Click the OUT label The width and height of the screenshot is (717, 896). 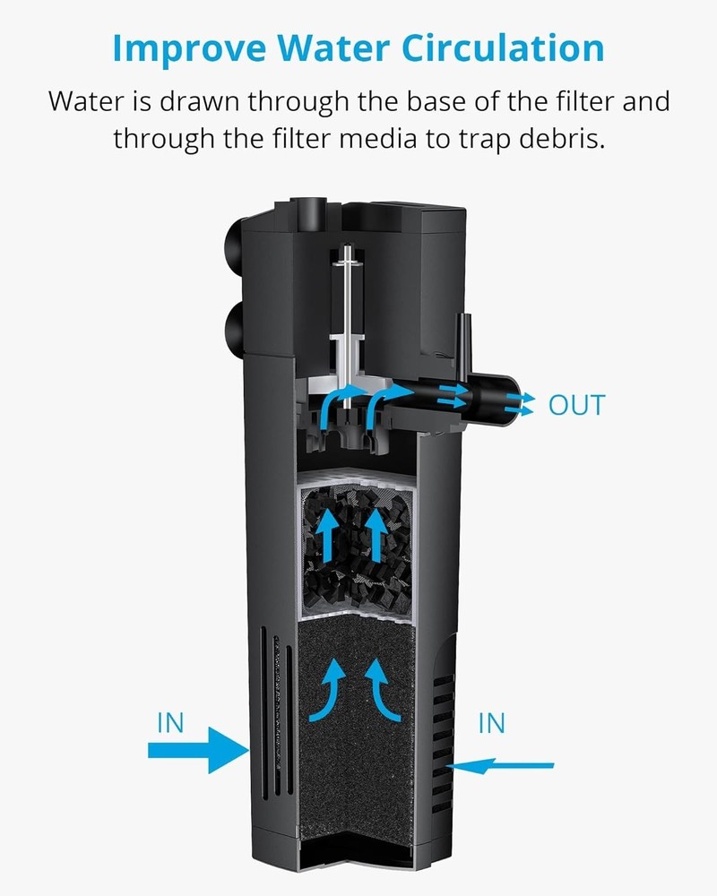pos(576,405)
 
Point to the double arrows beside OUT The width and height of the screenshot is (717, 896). pos(518,405)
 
